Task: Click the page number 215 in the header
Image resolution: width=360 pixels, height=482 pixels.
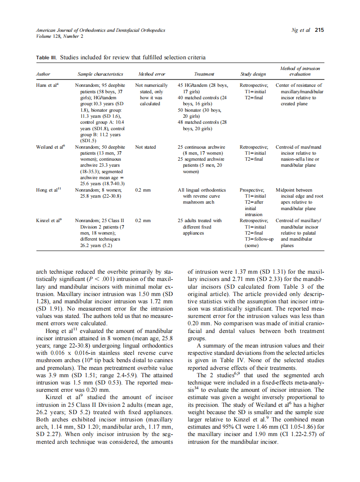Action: [x=319, y=30]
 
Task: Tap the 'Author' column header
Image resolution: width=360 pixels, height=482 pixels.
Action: [x=43, y=74]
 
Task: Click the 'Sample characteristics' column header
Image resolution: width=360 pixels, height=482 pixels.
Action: [x=100, y=74]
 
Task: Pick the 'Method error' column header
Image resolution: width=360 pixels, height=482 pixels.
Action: [x=149, y=74]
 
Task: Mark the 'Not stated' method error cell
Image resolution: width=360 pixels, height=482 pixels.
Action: [x=145, y=147]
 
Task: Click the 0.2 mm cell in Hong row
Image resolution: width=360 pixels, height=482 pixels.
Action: [x=142, y=190]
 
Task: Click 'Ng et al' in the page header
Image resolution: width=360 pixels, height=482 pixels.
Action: [x=301, y=30]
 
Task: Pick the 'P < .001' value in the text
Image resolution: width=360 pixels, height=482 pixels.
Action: [x=106, y=279]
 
